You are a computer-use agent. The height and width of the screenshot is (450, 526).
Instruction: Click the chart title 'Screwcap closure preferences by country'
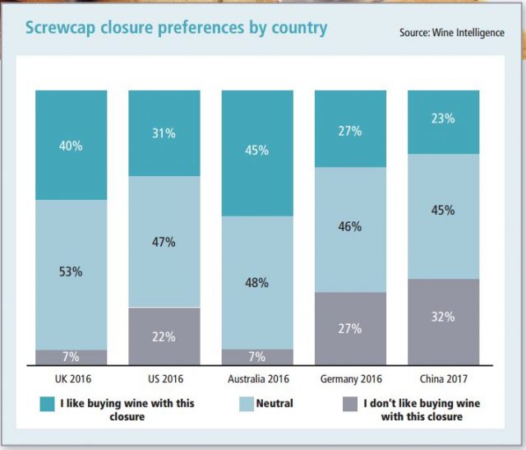(176, 28)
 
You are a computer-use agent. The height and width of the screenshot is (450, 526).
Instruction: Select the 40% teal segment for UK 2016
(71, 145)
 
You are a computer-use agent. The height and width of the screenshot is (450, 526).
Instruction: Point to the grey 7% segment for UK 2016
(71, 357)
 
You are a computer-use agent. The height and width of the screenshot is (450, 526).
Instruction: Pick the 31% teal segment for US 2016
(164, 132)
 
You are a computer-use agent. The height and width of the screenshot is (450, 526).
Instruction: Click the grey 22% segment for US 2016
(164, 336)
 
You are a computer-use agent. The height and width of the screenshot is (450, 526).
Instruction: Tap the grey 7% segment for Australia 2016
(257, 357)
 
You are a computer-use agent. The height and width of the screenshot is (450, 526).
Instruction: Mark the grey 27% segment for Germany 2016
(351, 328)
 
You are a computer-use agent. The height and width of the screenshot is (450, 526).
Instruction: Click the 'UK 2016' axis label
(71, 379)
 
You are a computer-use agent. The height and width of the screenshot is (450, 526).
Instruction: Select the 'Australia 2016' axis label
(257, 379)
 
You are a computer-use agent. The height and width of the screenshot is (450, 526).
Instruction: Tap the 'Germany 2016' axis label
(351, 379)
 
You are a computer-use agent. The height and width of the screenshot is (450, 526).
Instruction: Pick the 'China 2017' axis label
(444, 379)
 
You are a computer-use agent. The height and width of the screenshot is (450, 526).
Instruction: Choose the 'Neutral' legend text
(275, 404)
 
